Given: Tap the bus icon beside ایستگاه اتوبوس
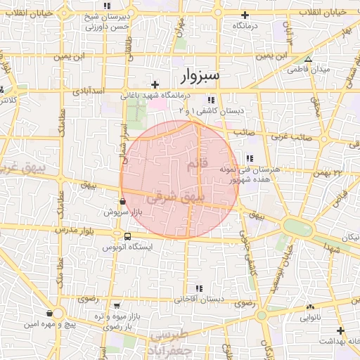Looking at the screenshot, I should click(127, 237).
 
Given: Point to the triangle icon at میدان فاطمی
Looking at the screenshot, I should click(308, 59).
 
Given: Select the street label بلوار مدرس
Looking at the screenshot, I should click(75, 231).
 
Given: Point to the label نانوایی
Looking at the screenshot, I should click(310, 318).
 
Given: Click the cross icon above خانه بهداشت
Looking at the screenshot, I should click(341, 330).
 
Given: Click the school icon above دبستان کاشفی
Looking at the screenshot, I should click(212, 100).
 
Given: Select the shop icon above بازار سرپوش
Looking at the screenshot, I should click(123, 201).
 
